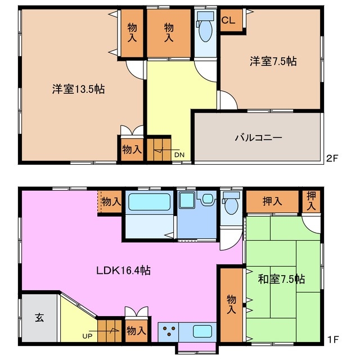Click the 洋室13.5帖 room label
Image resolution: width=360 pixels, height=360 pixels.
[79, 89]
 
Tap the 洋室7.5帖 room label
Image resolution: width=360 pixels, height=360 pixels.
[273, 62]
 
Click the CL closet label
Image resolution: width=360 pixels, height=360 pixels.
[228, 21]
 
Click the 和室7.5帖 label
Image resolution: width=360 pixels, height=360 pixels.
[281, 278]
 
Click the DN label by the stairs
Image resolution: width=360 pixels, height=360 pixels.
[179, 155]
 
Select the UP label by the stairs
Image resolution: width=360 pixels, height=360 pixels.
[88, 336]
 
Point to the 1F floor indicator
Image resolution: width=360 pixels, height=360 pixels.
[333, 340]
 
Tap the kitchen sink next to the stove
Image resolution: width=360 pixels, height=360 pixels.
[201, 331]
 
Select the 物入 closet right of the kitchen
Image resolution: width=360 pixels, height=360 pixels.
[231, 304]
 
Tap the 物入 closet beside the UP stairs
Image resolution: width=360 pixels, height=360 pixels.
[136, 330]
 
